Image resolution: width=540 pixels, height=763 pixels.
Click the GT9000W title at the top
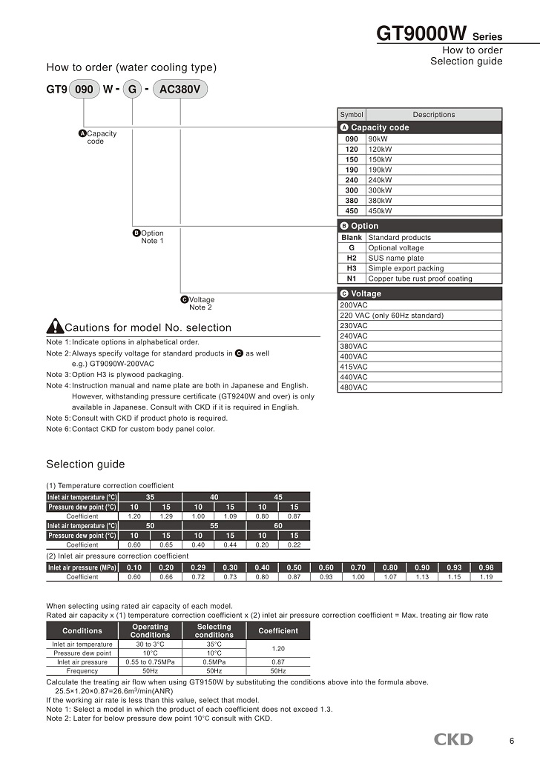point(422,34)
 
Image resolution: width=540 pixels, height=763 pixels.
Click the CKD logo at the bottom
point(453,739)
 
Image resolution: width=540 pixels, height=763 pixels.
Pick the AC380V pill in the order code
point(181,90)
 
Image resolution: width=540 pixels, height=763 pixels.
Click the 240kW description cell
point(434,180)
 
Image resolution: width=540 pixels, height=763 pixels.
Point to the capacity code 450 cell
point(352,211)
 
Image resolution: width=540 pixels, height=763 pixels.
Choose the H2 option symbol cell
point(352,259)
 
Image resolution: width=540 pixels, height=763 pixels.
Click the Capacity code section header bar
point(420,127)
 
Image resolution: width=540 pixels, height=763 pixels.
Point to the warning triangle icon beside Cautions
point(55,327)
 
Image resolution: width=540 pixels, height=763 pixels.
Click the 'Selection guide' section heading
point(85,464)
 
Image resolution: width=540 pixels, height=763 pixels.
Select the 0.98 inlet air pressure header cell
point(486,567)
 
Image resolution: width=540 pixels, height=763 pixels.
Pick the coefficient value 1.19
point(486,577)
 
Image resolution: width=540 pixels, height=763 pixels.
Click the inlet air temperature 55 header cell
point(214,524)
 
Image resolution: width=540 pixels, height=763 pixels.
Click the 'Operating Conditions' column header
point(150,630)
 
